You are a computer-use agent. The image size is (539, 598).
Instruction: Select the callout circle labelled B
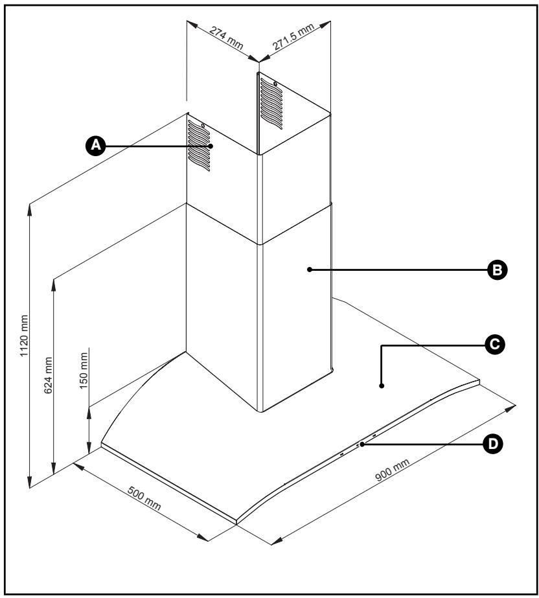[x=498, y=270]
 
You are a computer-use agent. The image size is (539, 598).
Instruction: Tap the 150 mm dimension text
[x=82, y=370]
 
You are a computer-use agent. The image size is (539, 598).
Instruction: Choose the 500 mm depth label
[x=143, y=496]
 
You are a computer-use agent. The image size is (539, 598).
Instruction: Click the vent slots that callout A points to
[x=199, y=146]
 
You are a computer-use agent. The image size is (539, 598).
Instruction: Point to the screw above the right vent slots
[x=275, y=84]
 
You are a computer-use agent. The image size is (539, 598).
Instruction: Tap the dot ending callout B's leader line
[x=310, y=269]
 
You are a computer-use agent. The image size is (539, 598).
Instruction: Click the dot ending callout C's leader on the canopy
[x=382, y=386]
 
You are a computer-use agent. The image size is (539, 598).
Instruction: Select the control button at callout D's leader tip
[x=361, y=444]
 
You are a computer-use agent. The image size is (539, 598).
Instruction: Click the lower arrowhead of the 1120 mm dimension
[x=29, y=482]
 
